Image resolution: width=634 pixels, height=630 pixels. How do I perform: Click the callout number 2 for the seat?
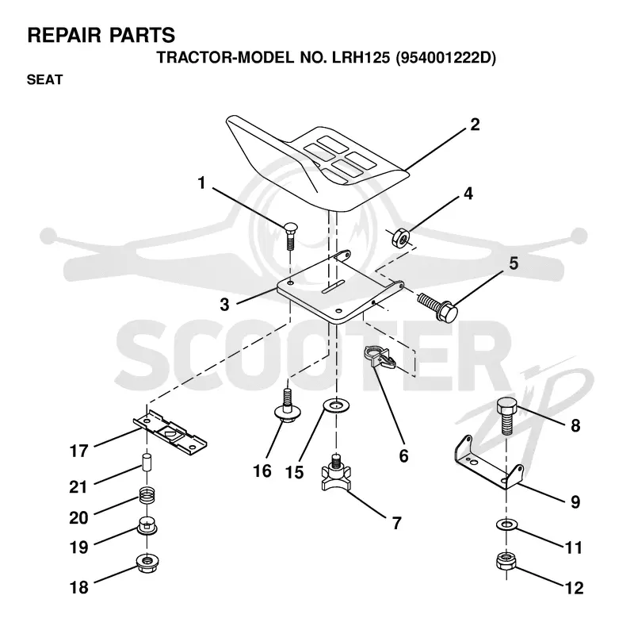475,125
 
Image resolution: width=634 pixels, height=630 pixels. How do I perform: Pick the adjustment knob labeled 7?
335,473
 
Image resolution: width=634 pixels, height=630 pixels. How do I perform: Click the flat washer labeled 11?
506,525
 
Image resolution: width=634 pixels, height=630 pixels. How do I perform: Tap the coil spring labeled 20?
147,495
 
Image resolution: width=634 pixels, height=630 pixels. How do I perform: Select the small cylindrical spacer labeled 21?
147,462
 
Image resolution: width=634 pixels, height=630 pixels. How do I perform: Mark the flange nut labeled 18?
147,563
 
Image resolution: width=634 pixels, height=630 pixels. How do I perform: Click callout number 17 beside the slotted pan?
78,451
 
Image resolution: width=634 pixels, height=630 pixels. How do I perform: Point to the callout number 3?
224,305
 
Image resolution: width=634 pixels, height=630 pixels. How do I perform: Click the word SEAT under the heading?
45,80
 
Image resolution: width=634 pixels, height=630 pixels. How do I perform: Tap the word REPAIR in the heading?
64,35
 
